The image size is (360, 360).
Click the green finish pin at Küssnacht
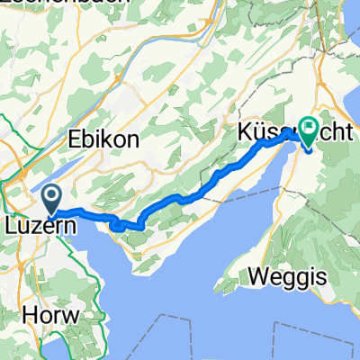click(309, 133)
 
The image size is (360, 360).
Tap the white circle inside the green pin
click(309, 130)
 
